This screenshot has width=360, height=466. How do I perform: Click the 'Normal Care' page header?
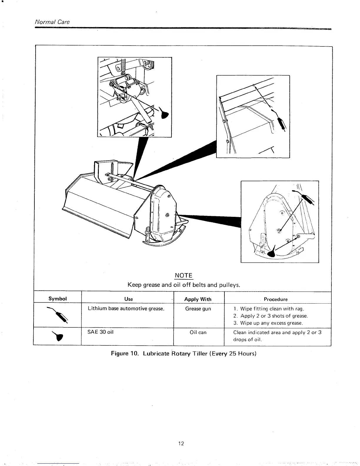(52, 22)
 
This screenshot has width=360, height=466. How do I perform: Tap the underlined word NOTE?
(184, 275)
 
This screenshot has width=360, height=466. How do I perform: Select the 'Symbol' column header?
(58, 299)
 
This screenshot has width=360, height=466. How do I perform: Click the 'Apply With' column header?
(198, 299)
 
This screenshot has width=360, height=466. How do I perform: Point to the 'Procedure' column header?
(276, 299)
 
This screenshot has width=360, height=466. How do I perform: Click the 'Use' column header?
(129, 299)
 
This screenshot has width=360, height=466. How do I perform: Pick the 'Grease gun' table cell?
(198, 309)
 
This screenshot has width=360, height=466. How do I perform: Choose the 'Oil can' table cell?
(198, 332)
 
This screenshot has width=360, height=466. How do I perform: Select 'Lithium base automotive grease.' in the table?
(126, 309)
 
